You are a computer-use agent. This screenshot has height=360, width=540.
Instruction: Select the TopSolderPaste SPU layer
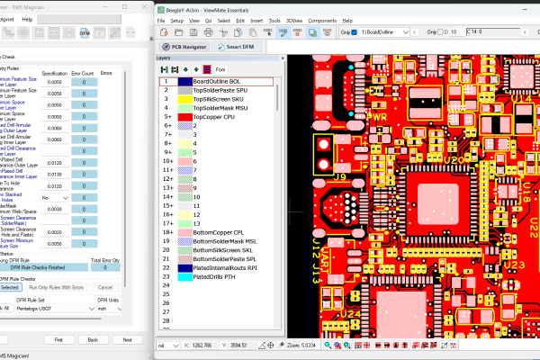point(221,91)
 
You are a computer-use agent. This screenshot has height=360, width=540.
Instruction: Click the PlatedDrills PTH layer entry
point(216,276)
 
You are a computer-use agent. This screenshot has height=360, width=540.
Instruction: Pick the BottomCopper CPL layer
point(220,232)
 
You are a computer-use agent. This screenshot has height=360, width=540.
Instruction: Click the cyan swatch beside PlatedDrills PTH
point(184,276)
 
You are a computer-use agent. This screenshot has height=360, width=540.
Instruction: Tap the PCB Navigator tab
point(190,46)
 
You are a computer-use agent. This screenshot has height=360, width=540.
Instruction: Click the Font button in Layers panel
point(220,68)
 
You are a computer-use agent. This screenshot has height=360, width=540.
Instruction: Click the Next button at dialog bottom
point(127,339)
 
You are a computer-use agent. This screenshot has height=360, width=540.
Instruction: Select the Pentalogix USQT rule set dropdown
point(45,307)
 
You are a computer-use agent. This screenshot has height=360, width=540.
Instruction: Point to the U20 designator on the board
point(452,159)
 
